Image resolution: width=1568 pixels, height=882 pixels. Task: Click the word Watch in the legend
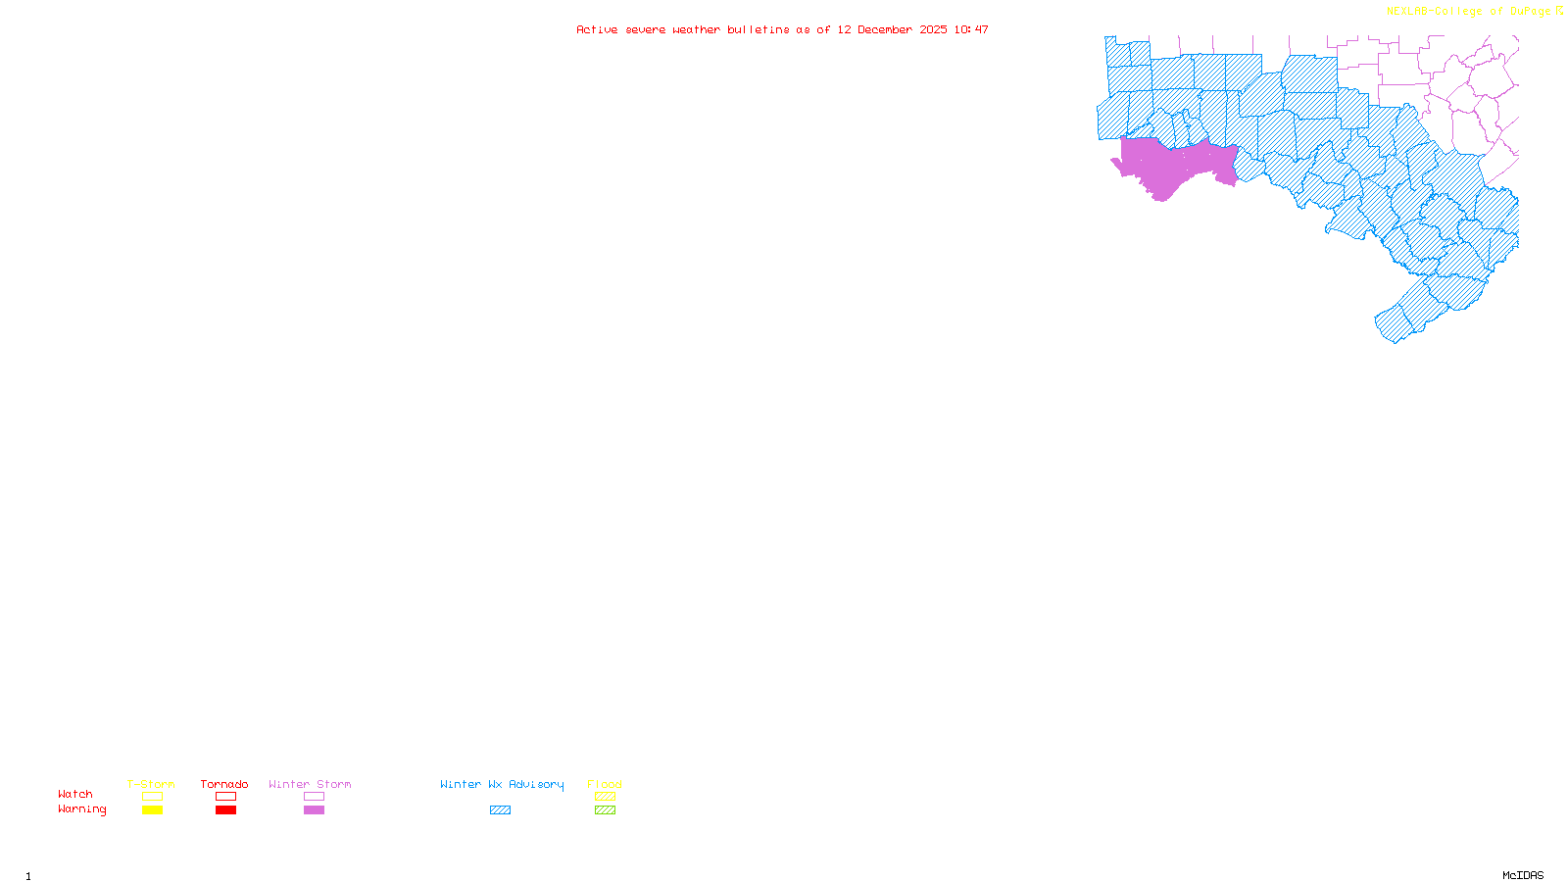(x=75, y=794)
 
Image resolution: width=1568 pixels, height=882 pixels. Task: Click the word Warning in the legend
(x=81, y=809)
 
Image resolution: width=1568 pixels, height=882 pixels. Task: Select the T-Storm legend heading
(x=151, y=784)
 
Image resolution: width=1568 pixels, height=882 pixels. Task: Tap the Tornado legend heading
(x=224, y=784)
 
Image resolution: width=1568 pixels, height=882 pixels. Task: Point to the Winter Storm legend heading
(x=310, y=784)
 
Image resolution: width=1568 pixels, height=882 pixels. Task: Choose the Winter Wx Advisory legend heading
(x=502, y=784)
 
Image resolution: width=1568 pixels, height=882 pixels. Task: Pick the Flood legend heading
(x=605, y=784)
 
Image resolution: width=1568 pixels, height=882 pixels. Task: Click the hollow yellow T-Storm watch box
(x=152, y=797)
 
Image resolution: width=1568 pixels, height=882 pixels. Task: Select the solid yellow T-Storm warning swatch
(x=152, y=810)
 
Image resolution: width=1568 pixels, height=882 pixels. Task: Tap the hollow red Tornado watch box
(x=225, y=797)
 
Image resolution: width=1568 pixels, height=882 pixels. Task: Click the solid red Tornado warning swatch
(x=225, y=810)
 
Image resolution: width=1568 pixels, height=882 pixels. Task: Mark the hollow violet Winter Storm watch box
(x=314, y=797)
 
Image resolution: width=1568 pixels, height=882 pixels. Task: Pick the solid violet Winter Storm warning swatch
(x=314, y=810)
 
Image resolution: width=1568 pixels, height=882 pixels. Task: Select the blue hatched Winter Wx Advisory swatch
(x=500, y=810)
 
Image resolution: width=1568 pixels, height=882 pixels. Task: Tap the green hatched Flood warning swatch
(x=605, y=810)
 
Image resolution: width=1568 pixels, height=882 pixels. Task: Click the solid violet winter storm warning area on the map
(x=1166, y=167)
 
